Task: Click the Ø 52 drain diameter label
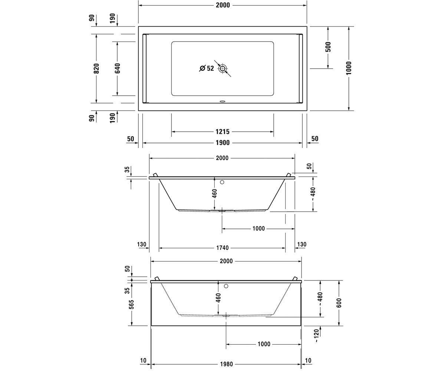coord(207,68)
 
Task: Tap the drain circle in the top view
coord(222,68)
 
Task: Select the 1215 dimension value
coord(222,132)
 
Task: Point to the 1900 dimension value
coord(223,142)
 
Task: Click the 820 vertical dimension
coord(96,68)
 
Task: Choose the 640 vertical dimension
coord(117,68)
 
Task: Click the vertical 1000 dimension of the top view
coord(349,68)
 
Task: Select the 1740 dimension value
coord(222,248)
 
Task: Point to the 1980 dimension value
coord(226,364)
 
